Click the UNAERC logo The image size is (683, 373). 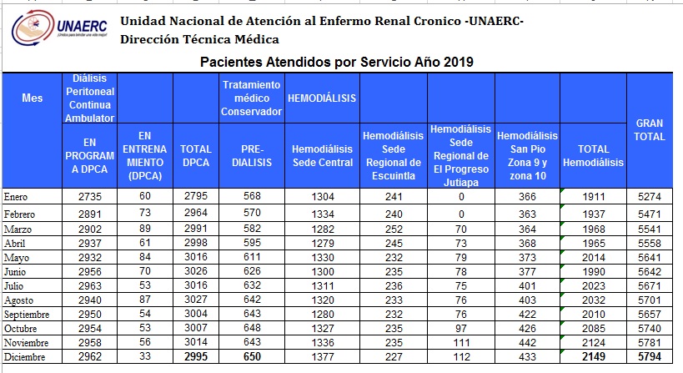60,28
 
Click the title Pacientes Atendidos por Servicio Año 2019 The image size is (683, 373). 337,62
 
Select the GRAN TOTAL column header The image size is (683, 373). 649,130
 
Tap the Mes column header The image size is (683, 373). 33,98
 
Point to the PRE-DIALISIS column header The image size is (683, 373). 252,156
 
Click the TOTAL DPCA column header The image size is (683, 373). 196,156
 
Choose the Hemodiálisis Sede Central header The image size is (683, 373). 323,156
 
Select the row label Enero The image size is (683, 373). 16,197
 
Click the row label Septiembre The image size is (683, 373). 27,315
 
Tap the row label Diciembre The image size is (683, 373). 24,357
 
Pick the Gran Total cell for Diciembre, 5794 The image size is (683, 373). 650,356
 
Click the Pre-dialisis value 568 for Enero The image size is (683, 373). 252,196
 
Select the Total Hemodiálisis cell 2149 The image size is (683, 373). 594,356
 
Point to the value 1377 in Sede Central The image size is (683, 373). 323,357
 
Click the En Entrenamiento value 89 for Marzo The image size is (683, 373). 145,229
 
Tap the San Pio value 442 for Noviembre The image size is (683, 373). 528,342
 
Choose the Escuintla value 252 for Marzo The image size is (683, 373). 394,229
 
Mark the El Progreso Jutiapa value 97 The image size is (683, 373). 461,329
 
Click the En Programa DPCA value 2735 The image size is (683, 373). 90,197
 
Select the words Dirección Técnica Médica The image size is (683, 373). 199,39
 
